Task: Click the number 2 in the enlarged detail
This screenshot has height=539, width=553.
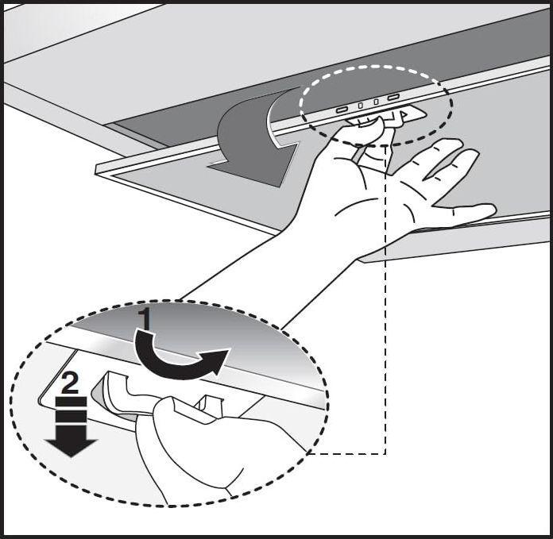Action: click(71, 383)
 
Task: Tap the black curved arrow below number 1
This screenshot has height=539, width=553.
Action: click(180, 356)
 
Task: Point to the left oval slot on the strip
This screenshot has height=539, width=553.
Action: click(342, 110)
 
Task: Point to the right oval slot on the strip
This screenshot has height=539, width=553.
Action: click(393, 97)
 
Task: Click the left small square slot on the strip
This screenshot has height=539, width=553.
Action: click(361, 105)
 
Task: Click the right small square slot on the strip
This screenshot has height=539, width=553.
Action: click(377, 102)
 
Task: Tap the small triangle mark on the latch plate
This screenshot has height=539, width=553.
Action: click(404, 114)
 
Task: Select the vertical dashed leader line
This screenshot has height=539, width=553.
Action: click(385, 299)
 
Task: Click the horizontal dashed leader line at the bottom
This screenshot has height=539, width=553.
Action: click(347, 454)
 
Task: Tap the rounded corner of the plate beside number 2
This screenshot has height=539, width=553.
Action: click(41, 401)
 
